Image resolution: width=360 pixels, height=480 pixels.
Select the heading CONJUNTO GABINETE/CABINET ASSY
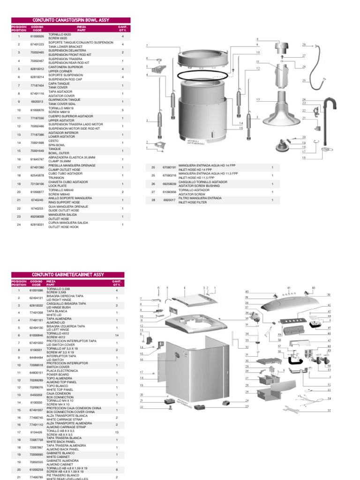tap(67, 274)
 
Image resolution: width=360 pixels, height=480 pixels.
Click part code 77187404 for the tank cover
tap(37, 86)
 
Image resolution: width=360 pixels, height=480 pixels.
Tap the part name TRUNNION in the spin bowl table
tap(56, 177)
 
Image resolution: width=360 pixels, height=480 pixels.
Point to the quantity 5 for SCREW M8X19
tap(122, 110)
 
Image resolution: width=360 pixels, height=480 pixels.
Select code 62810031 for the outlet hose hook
tap(37, 225)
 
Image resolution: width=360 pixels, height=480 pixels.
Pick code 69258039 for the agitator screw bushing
tap(169, 184)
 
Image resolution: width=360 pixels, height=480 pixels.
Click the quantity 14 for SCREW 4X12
tap(117, 335)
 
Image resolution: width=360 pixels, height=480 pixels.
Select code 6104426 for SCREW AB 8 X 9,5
tap(37, 432)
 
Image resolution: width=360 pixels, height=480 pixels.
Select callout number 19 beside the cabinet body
tap(141, 385)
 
